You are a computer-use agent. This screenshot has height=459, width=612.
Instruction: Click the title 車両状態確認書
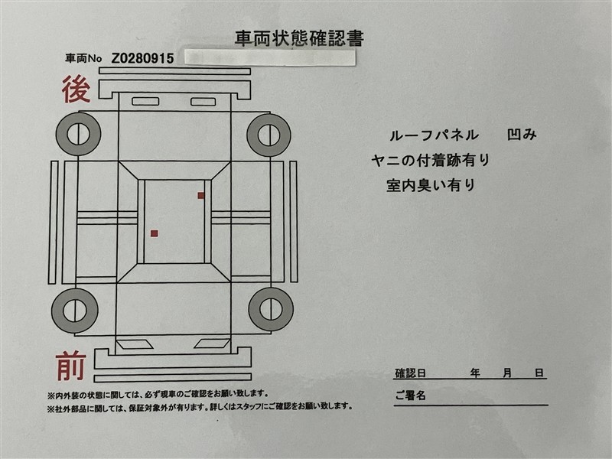299,38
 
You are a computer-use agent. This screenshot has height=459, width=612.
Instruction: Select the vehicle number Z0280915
142,59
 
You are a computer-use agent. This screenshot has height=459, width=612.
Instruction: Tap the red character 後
76,90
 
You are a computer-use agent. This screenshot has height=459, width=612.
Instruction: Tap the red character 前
70,366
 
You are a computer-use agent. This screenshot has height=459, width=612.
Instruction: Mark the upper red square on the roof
201,195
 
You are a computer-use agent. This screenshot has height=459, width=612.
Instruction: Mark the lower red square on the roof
155,233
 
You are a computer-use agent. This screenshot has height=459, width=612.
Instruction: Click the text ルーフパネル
434,135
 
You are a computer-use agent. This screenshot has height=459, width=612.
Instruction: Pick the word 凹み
522,135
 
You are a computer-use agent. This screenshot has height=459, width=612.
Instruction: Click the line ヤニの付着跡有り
431,160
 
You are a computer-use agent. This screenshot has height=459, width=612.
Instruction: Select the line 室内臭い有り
431,184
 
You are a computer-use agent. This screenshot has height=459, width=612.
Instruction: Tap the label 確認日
410,373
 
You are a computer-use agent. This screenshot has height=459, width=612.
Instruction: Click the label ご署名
410,396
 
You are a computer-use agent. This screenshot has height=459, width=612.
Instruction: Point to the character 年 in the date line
475,373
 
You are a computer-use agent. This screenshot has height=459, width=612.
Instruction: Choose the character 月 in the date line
507,373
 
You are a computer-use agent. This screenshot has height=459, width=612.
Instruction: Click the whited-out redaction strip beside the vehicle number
270,58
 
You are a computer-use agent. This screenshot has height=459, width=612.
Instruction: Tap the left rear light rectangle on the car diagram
145,102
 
